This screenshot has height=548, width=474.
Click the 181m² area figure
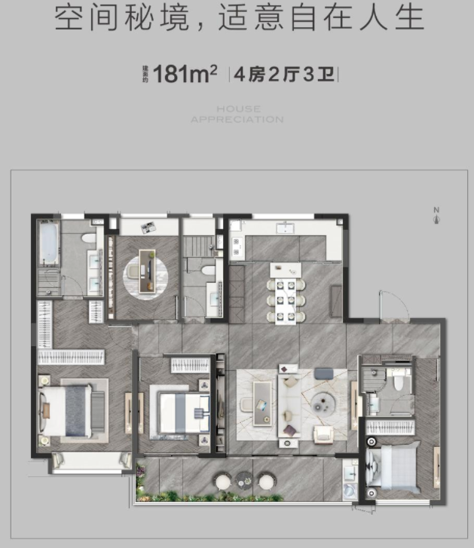(x=185, y=73)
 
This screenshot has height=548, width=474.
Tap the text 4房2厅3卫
(x=284, y=74)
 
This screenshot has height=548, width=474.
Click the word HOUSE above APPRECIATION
(x=239, y=109)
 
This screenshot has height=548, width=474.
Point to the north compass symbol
(x=436, y=216)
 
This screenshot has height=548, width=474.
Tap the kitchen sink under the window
(x=286, y=228)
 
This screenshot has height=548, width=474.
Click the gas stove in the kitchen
(x=237, y=246)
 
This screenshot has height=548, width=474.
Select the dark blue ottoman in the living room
(x=323, y=373)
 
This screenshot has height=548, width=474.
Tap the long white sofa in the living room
(x=289, y=406)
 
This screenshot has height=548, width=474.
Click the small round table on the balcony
(x=243, y=480)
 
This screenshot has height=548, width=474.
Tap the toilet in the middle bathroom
(x=208, y=271)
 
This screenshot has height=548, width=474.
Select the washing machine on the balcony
(x=349, y=490)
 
